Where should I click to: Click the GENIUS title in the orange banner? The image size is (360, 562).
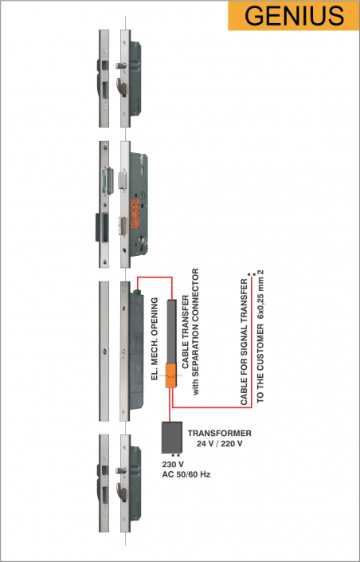click(x=294, y=15)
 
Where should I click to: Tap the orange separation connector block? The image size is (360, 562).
click(x=171, y=375)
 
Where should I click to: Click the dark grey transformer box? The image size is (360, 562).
click(x=171, y=438)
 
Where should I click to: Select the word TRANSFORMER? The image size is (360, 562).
click(x=220, y=433)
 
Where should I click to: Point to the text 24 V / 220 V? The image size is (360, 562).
click(x=220, y=444)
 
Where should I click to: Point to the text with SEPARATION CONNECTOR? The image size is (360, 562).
click(x=196, y=332)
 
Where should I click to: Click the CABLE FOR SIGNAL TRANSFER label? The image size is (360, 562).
click(x=245, y=342)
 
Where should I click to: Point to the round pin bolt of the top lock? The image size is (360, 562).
click(x=121, y=65)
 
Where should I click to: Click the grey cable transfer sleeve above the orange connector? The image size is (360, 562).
click(x=171, y=331)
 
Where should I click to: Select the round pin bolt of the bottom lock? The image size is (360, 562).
click(x=121, y=470)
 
